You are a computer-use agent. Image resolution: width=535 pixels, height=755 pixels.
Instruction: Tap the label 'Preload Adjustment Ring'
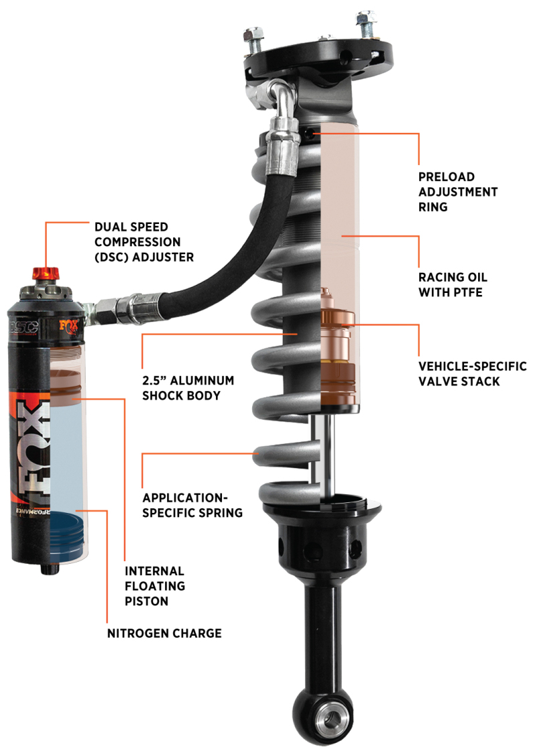458,192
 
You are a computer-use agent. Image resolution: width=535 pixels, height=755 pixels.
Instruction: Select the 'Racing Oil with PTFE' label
453,284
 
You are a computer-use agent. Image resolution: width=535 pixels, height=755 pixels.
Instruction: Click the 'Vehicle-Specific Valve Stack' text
472,374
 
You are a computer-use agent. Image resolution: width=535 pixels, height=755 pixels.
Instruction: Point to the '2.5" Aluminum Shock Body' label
188,388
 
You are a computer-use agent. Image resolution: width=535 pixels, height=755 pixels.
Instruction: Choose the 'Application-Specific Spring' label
192,506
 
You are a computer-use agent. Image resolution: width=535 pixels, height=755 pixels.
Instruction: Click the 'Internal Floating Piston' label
154,586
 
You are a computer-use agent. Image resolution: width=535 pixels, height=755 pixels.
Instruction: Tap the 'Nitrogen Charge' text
164,633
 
